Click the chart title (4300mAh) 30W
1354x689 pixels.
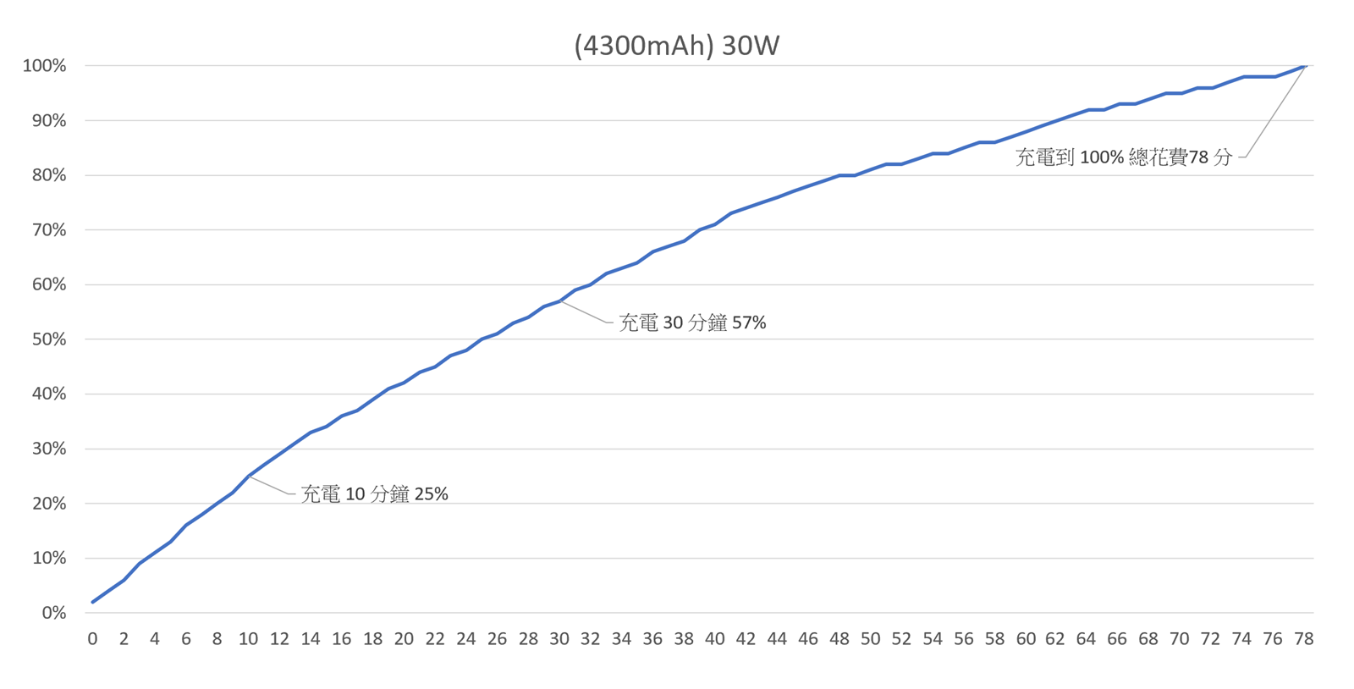(676, 45)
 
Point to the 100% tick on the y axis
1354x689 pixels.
(44, 66)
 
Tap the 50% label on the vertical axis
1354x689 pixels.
(48, 339)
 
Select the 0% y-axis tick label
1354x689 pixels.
(53, 613)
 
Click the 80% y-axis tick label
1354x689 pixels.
(48, 175)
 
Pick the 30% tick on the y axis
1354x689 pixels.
(48, 449)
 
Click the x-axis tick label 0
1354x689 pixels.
(92, 639)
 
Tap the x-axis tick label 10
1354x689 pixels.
(248, 639)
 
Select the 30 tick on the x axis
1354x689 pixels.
(559, 639)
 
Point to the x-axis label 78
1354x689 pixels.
(1304, 639)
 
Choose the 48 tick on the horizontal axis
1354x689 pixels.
(839, 639)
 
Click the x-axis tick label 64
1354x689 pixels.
(1087, 639)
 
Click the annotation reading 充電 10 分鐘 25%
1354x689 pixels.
(374, 494)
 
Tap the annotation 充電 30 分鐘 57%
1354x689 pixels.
(692, 322)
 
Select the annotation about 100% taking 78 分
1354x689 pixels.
(1124, 157)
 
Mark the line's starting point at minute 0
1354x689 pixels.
(93, 602)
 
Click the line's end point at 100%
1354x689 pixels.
(1305, 66)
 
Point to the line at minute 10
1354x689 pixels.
(249, 476)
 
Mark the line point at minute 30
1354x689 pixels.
(559, 301)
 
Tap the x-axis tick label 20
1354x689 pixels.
(404, 639)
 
